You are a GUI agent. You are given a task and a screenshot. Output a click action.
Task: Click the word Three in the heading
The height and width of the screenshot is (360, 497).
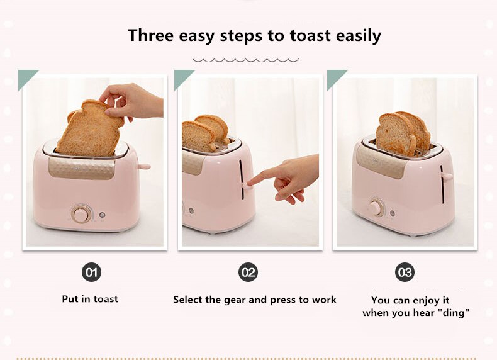(x=152, y=35)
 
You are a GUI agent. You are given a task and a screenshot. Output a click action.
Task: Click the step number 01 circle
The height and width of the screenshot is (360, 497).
(x=91, y=272)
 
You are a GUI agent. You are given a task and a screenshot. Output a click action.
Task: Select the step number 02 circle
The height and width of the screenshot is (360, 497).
(x=248, y=272)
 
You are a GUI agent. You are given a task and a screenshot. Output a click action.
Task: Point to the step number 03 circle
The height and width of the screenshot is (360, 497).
(x=405, y=272)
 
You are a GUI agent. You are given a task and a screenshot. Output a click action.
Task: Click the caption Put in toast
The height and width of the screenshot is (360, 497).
(x=90, y=299)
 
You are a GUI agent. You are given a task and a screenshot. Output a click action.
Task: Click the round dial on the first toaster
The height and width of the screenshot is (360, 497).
(x=81, y=215)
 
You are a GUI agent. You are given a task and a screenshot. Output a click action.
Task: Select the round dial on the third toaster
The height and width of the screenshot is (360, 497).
(x=376, y=206)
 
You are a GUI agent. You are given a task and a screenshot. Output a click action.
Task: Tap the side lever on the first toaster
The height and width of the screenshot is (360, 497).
(x=144, y=167)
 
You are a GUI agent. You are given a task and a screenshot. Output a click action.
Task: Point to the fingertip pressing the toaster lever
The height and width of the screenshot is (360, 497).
(x=250, y=183)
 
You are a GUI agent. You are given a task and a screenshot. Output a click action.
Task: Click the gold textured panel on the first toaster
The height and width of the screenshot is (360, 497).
(x=84, y=167)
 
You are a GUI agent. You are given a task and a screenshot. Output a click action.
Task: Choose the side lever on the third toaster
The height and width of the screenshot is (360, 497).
(x=447, y=176)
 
